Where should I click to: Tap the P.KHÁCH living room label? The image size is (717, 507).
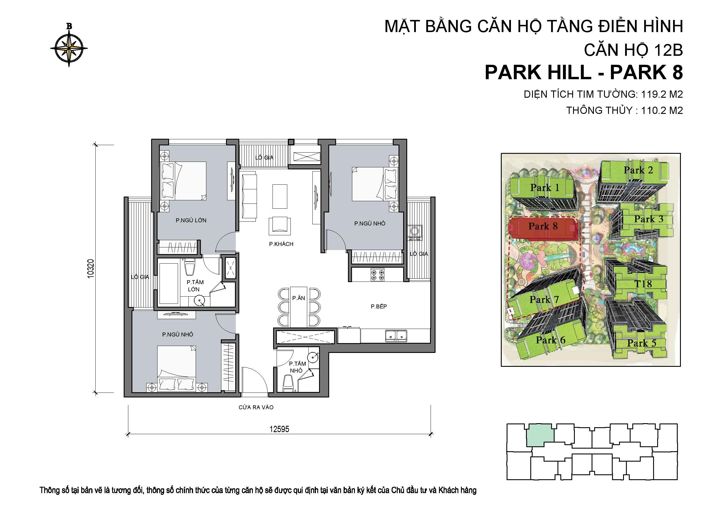[281, 244]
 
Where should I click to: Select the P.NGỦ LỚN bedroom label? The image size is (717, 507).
[191, 220]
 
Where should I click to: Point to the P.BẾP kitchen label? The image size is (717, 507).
[379, 306]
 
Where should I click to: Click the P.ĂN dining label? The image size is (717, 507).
[299, 298]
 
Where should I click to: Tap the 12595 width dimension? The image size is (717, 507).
[279, 429]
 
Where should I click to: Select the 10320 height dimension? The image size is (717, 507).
[90, 269]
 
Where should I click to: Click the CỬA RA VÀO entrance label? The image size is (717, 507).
[256, 407]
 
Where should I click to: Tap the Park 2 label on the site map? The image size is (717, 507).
[638, 170]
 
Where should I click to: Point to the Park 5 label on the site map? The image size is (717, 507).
[642, 343]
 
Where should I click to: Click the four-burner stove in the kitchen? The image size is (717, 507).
[377, 275]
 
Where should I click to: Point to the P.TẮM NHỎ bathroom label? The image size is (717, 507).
[297, 367]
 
